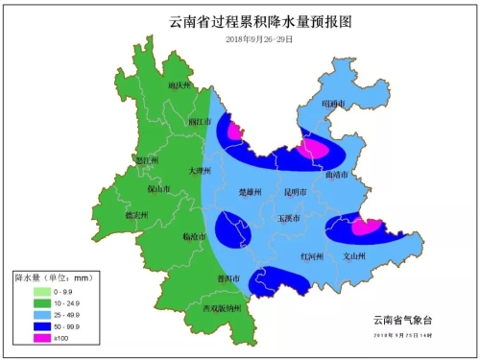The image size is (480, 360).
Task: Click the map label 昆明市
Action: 297,192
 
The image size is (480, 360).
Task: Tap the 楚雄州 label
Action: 251,192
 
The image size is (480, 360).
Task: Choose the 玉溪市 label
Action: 290,218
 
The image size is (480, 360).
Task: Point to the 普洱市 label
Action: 228,277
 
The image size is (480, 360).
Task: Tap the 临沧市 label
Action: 193,235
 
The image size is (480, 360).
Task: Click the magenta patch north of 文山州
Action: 366,228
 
